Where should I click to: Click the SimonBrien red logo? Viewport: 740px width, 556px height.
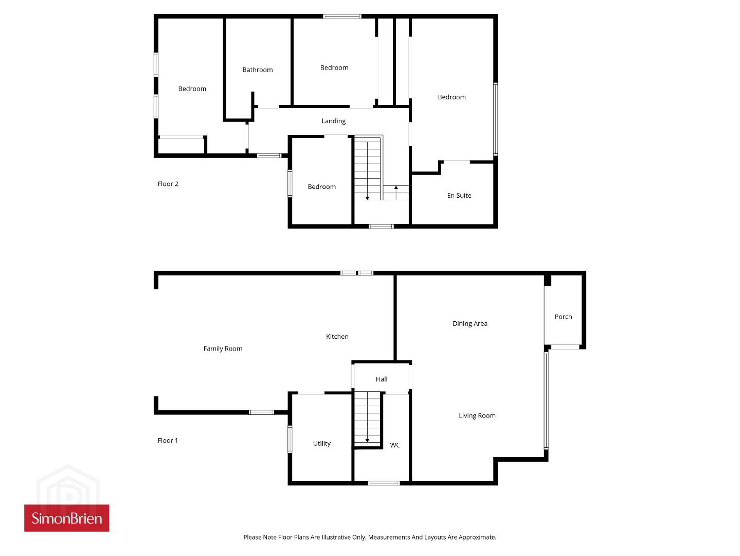tap(66, 518)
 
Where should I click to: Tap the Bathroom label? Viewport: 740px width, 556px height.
tap(258, 70)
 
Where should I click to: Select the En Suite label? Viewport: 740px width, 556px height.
tap(459, 195)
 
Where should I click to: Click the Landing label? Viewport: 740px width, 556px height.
tap(333, 121)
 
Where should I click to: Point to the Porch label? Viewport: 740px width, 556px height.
tap(563, 317)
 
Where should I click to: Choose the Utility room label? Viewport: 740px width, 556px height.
tap(321, 443)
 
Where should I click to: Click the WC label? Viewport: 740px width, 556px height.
tap(395, 445)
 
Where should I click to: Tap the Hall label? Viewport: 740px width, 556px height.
tap(381, 379)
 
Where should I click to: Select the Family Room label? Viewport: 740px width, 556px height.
tap(223, 349)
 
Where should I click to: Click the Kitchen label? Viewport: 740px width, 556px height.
tap(337, 336)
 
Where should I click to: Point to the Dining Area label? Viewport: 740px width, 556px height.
tap(470, 323)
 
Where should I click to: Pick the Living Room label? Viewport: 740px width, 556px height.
tap(477, 415)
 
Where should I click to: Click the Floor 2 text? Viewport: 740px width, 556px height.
tap(168, 184)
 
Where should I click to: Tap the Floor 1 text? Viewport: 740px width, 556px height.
tap(168, 440)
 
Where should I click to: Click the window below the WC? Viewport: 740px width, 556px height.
tap(384, 483)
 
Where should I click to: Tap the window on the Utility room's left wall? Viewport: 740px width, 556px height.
tap(290, 439)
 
